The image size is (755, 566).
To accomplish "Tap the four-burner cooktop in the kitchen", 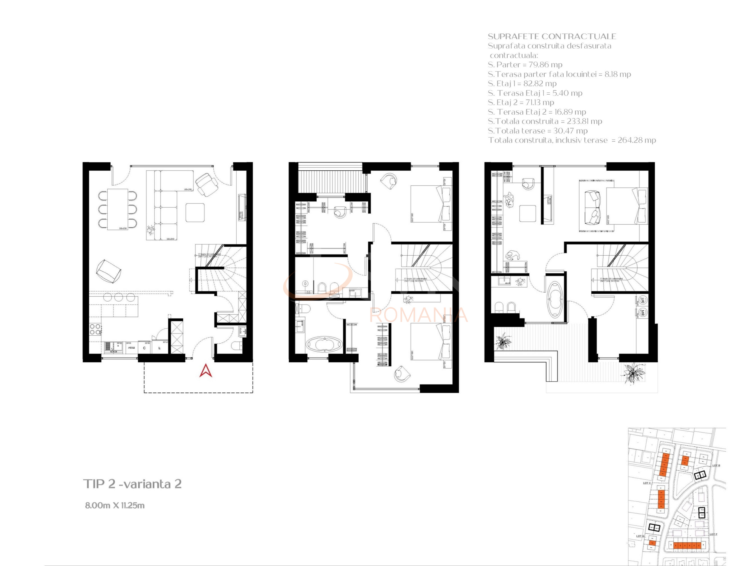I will tap(95, 329).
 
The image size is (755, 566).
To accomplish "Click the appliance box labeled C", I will tap(144, 348).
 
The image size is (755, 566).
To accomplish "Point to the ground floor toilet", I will tap(236, 346).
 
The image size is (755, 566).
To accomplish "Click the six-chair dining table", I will tap(118, 209).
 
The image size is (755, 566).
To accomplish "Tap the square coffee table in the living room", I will tap(195, 213).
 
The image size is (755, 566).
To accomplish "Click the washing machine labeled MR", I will tap(642, 312).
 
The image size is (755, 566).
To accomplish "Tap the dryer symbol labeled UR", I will tap(642, 300).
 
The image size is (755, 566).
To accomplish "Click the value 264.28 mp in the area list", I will tap(637, 140).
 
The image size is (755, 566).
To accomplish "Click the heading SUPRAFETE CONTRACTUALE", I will tap(552, 37).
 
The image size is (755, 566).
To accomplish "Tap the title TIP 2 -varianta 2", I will tap(132, 484).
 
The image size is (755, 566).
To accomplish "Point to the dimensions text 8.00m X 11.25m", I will tap(115, 505).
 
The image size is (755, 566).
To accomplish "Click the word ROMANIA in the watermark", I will tap(418, 315).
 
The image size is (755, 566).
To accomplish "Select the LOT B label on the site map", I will tap(716, 465).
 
